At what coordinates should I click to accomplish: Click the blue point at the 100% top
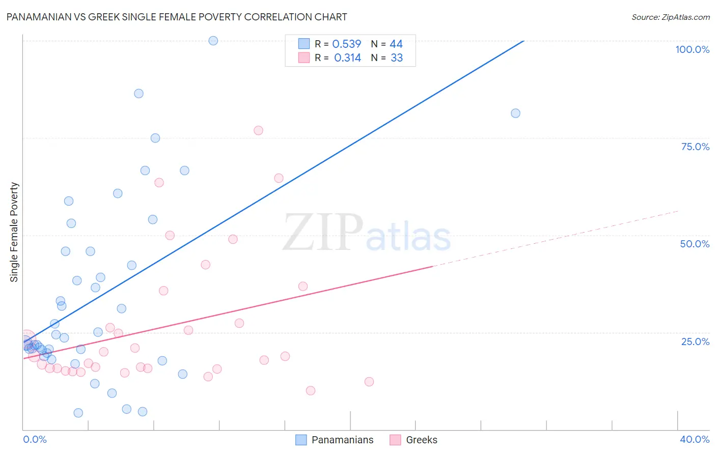coord(213,41)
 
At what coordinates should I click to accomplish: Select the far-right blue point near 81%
coord(515,113)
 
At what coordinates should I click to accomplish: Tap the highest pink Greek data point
coord(258,130)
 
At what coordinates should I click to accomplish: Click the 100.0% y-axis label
coord(692,49)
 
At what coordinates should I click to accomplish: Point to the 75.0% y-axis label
coord(695,147)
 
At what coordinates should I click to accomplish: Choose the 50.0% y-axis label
coord(695,244)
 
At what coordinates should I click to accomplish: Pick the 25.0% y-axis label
coord(695,342)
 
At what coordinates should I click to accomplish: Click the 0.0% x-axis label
coord(35,439)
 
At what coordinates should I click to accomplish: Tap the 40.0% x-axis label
coord(694,439)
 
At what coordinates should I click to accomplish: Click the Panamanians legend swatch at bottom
coord(301,440)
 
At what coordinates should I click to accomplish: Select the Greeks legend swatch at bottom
coord(395,440)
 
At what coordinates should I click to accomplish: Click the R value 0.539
coord(346,44)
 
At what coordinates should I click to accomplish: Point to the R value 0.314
coord(347,58)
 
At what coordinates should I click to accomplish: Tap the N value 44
coord(396,44)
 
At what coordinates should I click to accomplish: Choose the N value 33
coord(397,58)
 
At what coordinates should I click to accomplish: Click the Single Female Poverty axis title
coord(14,232)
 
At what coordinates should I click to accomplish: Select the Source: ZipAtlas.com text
coord(670,17)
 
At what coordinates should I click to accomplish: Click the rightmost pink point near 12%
coord(369,382)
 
